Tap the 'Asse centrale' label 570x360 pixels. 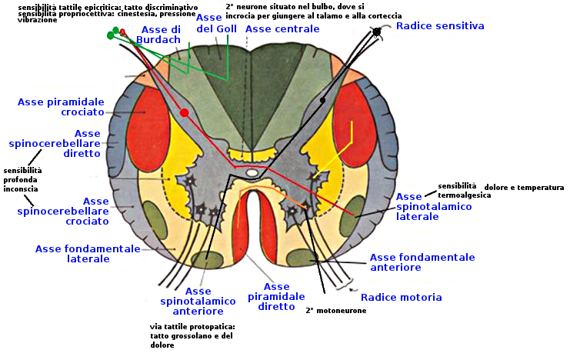click(x=282, y=28)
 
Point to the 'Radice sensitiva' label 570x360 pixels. click(x=440, y=25)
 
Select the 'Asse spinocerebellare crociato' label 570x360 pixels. click(x=63, y=211)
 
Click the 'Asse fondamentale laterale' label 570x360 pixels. click(x=88, y=254)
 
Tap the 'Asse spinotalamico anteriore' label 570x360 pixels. click(x=192, y=301)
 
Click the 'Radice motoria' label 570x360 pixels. click(x=401, y=297)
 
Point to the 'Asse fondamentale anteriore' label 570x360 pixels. click(x=422, y=262)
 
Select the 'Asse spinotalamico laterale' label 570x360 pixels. click(x=419, y=207)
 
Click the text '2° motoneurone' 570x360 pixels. click(x=335, y=311)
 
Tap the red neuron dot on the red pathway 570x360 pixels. click(x=184, y=113)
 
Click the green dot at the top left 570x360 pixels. click(x=109, y=35)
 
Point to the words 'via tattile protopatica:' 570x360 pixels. click(x=192, y=327)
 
